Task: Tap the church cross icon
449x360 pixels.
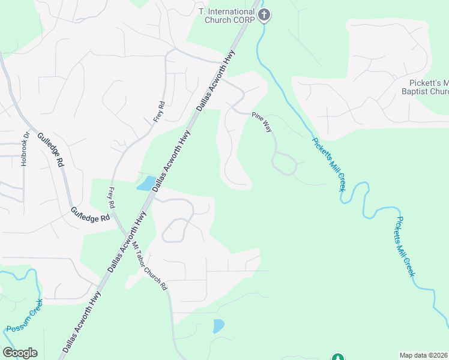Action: tap(264, 15)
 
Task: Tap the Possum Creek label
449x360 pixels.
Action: tap(25, 317)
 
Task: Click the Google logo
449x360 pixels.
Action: tap(20, 353)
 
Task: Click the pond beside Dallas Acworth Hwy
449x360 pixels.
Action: tap(145, 183)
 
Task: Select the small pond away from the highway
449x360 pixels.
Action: tap(218, 326)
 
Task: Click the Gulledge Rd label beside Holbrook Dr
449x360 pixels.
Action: tap(50, 149)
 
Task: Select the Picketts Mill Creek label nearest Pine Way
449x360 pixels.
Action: tap(329, 164)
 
